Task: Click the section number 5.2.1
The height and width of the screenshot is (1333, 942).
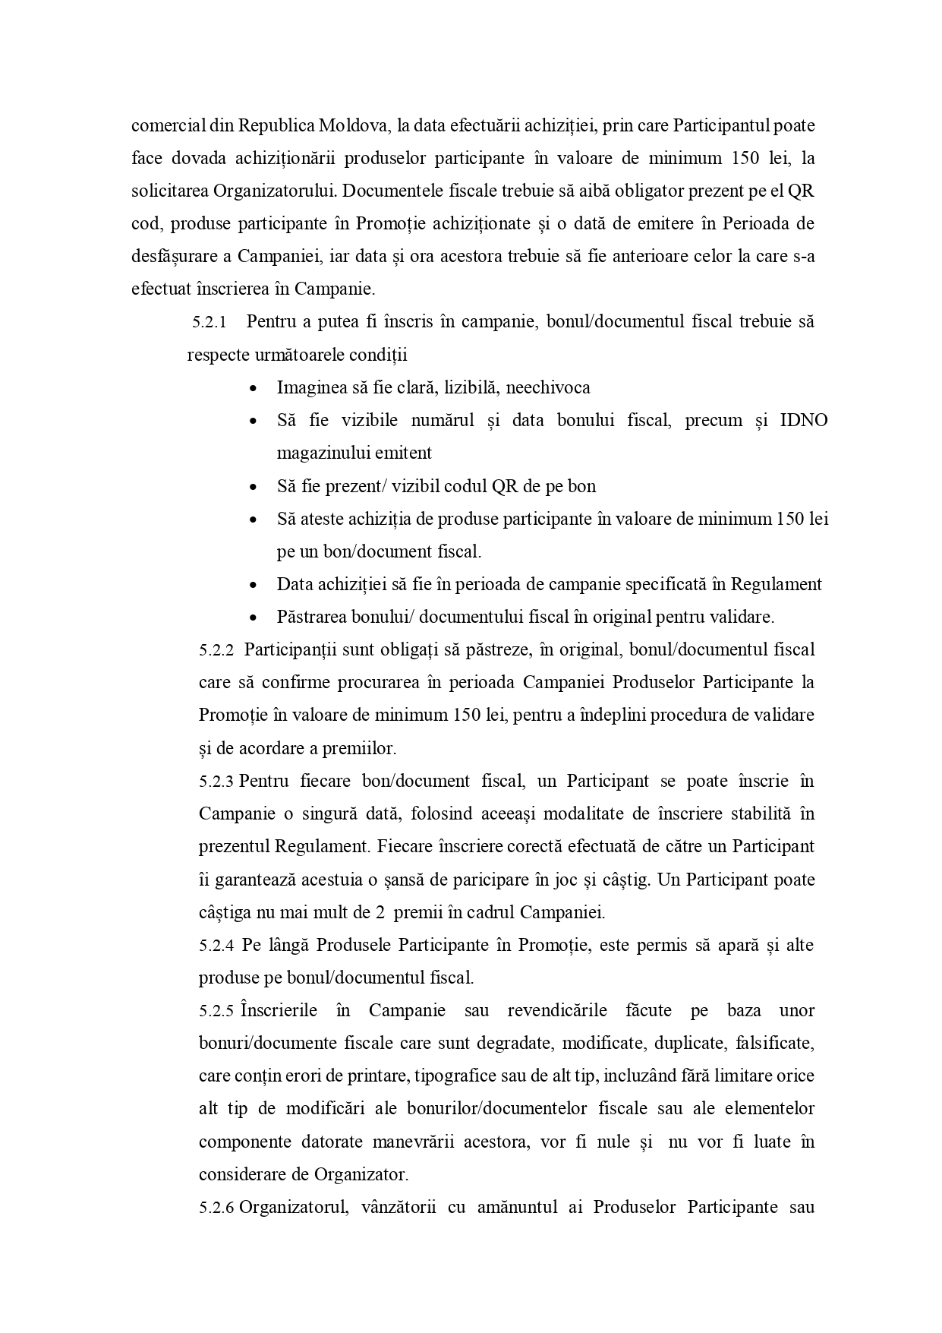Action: coord(210,322)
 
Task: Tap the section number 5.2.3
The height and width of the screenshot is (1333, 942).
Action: coord(216,782)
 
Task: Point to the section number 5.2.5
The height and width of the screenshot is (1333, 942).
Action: coord(216,1011)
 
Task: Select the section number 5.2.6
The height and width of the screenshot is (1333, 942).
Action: coord(216,1208)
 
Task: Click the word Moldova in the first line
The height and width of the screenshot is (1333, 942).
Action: coord(353,125)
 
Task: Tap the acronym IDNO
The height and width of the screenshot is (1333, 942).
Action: coord(804,420)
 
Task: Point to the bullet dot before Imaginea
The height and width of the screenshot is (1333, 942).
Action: coord(253,388)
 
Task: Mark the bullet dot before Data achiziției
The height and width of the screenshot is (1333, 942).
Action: coord(253,585)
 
